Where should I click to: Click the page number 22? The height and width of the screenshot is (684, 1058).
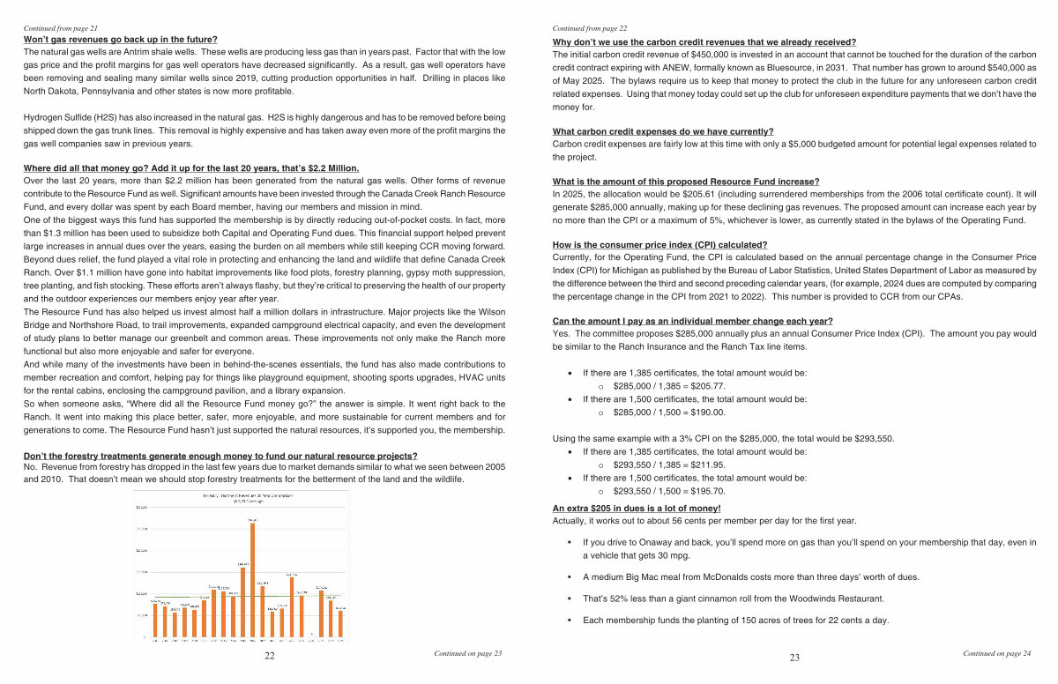click(x=269, y=656)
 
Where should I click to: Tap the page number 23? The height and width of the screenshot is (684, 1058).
click(x=794, y=657)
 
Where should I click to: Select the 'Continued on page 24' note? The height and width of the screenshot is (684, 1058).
click(x=997, y=653)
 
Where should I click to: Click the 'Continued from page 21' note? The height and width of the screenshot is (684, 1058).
click(x=60, y=29)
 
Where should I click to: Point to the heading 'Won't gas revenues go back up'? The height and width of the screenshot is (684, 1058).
click(x=120, y=40)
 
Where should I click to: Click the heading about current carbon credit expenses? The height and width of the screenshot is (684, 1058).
click(x=662, y=131)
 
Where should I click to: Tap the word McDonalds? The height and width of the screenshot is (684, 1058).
click(x=711, y=577)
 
